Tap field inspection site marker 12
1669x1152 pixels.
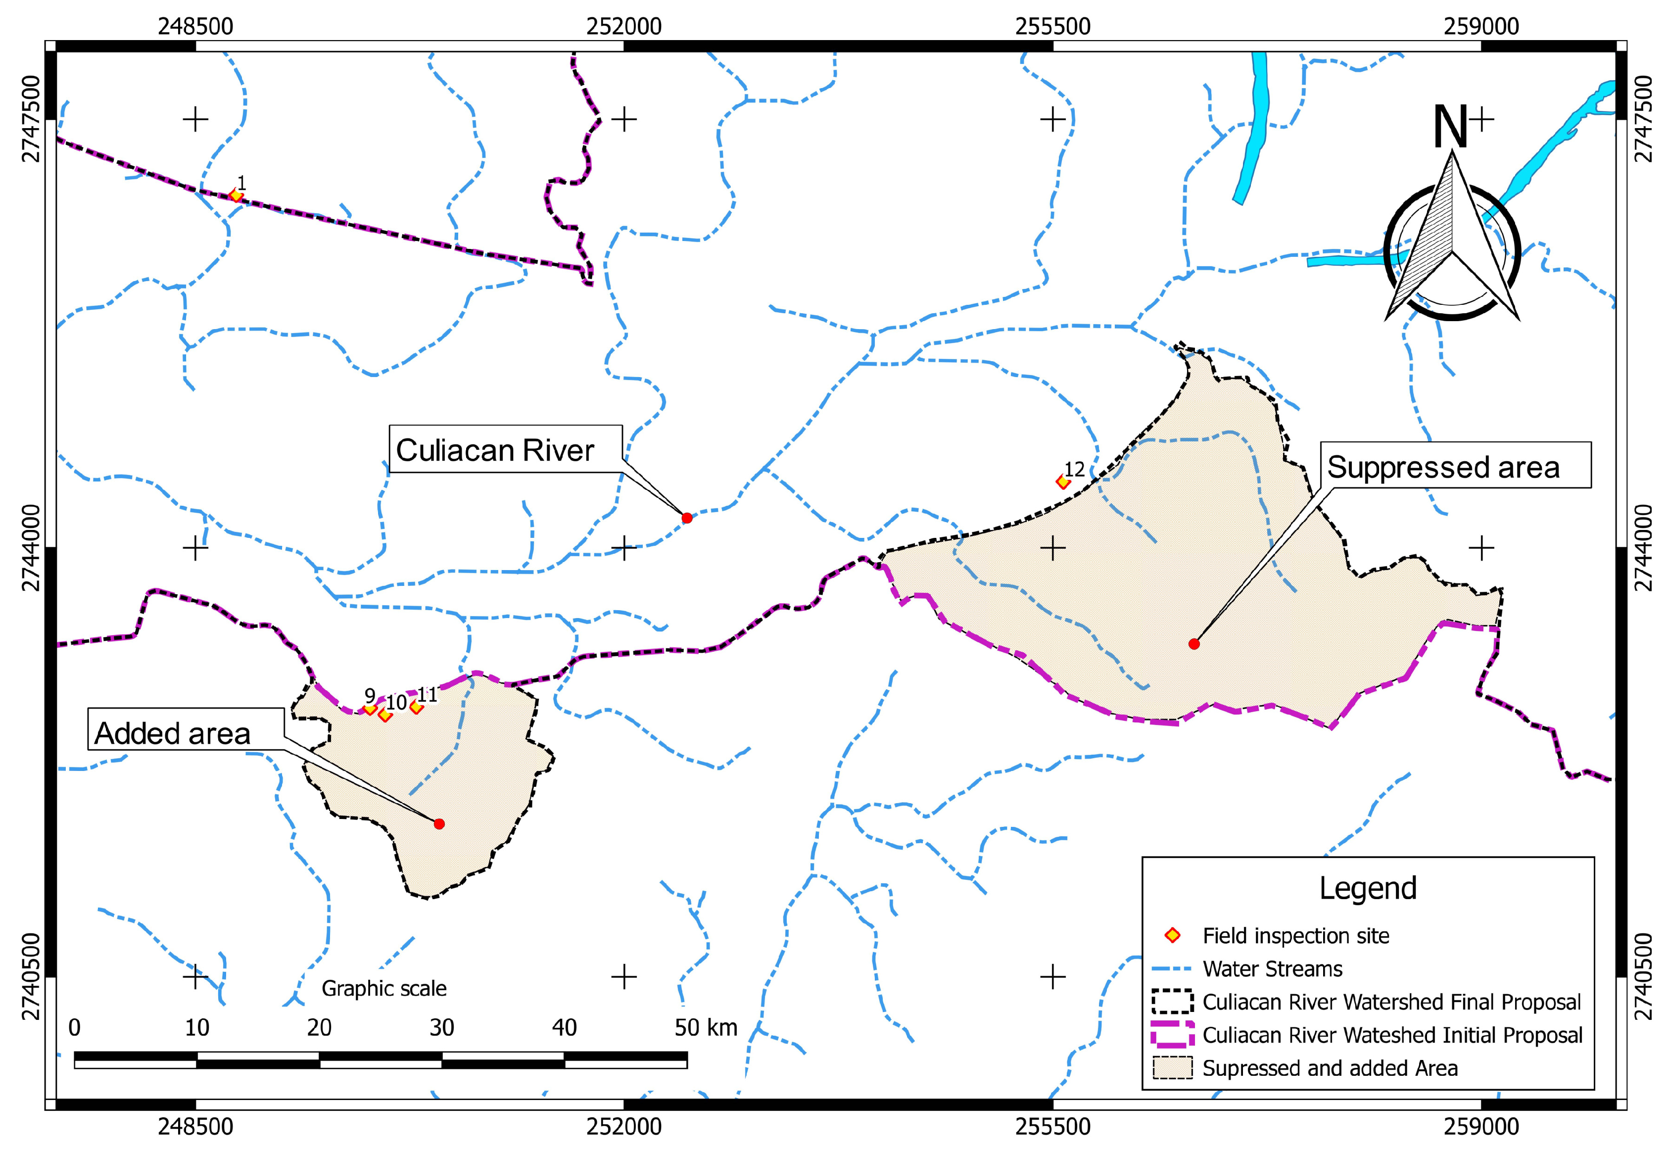(x=1062, y=481)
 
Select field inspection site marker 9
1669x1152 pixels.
(x=370, y=708)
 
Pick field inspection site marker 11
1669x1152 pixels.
(x=416, y=707)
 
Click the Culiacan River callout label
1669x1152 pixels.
(x=495, y=450)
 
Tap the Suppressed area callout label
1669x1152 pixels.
(x=1443, y=467)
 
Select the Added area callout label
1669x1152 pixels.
(x=173, y=733)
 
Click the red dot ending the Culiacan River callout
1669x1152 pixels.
(x=686, y=518)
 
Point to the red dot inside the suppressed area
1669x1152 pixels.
(x=1193, y=644)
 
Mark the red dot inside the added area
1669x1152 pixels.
(x=439, y=823)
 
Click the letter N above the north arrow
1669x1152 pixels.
(x=1450, y=127)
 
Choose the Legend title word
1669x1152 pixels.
(x=1367, y=889)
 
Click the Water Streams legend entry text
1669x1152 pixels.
(x=1272, y=969)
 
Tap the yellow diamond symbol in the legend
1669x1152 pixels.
(x=1173, y=936)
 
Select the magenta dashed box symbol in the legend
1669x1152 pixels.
(x=1173, y=1035)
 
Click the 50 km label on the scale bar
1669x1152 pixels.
(x=705, y=1027)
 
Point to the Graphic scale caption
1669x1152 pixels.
(x=384, y=988)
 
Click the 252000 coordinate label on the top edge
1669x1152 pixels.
(x=623, y=27)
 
